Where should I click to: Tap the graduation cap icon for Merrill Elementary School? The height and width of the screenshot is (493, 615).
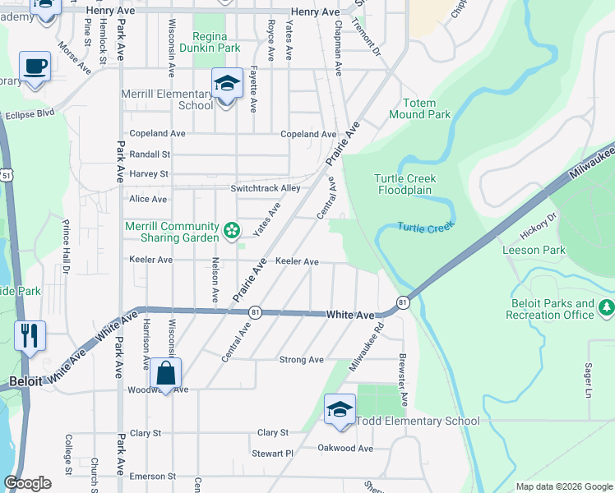pyautogui.click(x=227, y=83)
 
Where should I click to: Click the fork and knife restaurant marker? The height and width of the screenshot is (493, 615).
pyautogui.click(x=30, y=335)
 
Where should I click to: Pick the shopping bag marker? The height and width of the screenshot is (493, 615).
pyautogui.click(x=166, y=373)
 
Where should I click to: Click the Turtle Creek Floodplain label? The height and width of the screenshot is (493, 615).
pyautogui.click(x=405, y=184)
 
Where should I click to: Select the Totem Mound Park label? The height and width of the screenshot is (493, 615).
pyautogui.click(x=427, y=109)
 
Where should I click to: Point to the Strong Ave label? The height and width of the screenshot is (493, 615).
pyautogui.click(x=302, y=360)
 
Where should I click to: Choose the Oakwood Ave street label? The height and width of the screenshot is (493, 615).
pyautogui.click(x=345, y=448)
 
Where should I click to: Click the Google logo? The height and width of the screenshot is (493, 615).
pyautogui.click(x=28, y=484)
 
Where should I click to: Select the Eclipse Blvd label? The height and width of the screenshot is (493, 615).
pyautogui.click(x=29, y=114)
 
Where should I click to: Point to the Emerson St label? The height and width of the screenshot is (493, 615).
pyautogui.click(x=148, y=476)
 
